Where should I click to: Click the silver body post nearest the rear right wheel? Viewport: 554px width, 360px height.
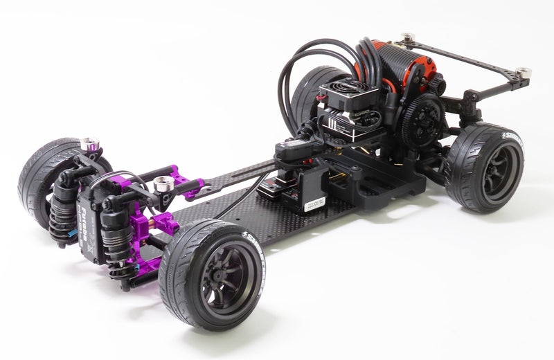[x=524, y=73]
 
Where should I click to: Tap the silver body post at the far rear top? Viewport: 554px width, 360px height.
[x=408, y=36]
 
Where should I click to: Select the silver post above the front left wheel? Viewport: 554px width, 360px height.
[x=88, y=145]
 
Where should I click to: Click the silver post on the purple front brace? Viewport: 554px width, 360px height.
[x=163, y=183]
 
